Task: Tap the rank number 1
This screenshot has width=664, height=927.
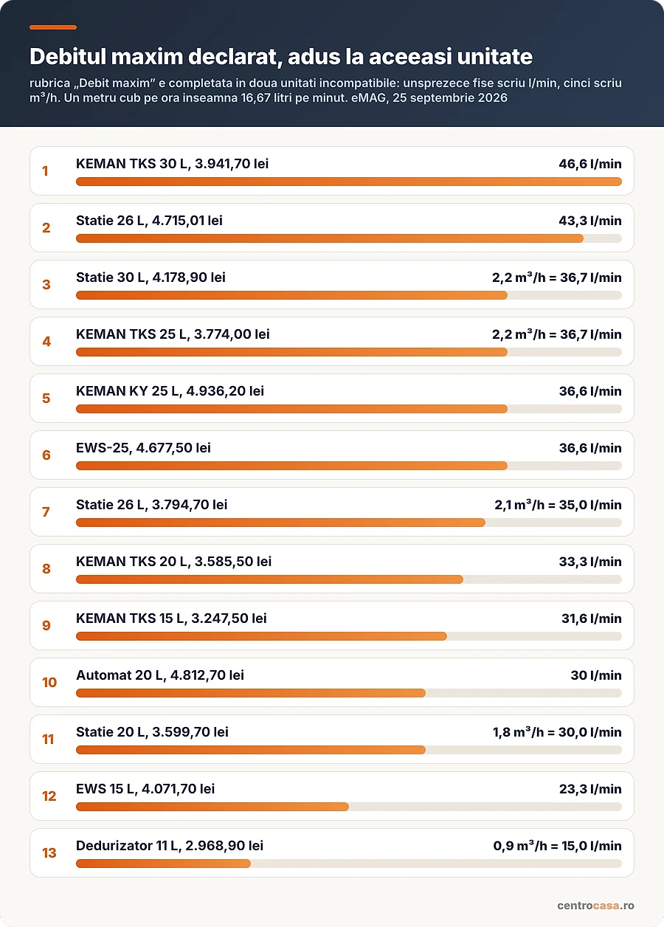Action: pyautogui.click(x=45, y=171)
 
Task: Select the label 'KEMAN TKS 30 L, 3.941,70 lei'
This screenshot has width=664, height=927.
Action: pyautogui.click(x=172, y=163)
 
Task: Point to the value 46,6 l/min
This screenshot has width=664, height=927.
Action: pyautogui.click(x=590, y=164)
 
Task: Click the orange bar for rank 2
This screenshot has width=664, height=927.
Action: pyautogui.click(x=329, y=238)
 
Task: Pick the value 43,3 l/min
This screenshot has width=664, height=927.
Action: pyautogui.click(x=590, y=221)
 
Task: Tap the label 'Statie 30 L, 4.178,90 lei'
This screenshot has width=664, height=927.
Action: pyautogui.click(x=151, y=278)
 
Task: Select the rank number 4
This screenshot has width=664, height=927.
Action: pyautogui.click(x=46, y=342)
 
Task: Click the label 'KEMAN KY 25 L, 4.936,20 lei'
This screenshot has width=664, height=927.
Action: pyautogui.click(x=170, y=391)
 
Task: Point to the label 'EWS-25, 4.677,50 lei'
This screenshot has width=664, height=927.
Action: pyautogui.click(x=143, y=448)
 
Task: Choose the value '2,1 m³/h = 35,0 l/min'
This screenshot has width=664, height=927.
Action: pyautogui.click(x=558, y=505)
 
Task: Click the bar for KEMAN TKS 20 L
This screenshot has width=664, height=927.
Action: pyautogui.click(x=269, y=579)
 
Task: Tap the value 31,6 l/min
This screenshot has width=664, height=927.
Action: pyautogui.click(x=591, y=618)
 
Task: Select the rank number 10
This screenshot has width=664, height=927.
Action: pyautogui.click(x=49, y=683)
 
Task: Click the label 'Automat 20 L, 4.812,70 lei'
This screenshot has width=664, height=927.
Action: pyautogui.click(x=159, y=675)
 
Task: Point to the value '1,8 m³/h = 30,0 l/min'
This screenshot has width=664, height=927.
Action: pyautogui.click(x=557, y=732)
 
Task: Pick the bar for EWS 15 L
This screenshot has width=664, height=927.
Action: pyautogui.click(x=212, y=807)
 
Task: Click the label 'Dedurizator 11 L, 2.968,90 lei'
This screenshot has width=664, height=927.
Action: pyautogui.click(x=170, y=846)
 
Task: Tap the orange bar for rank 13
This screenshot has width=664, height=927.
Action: pyautogui.click(x=163, y=864)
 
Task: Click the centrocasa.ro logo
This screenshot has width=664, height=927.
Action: pyautogui.click(x=595, y=906)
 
